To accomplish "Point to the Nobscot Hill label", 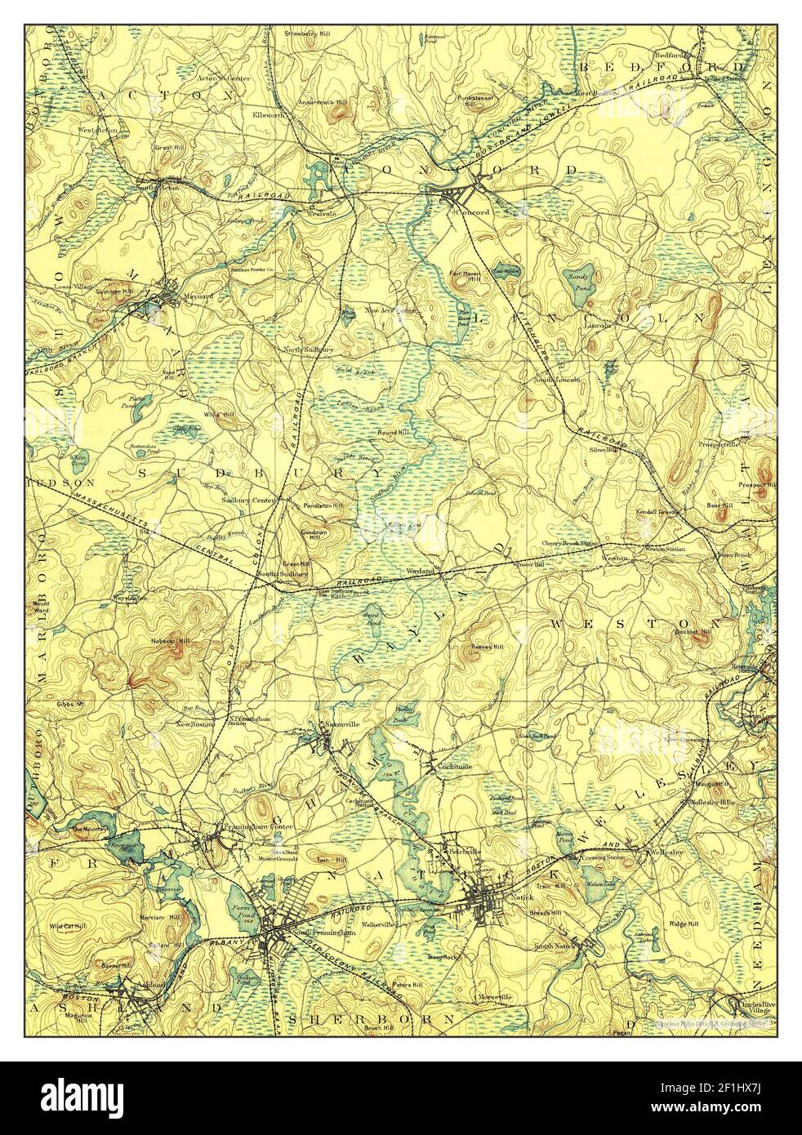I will pos(170,640).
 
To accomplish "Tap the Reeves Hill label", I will pos(487,647).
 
